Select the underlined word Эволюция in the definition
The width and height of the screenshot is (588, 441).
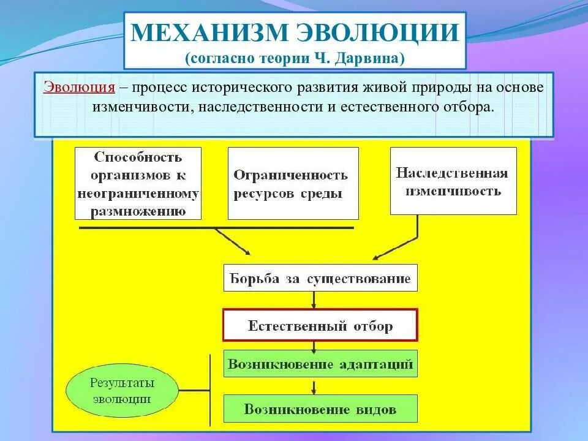tap(79, 87)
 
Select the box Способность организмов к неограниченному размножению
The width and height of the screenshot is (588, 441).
tap(138, 183)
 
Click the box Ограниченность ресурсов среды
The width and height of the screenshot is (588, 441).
tap(293, 183)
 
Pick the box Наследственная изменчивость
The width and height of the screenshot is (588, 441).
tap(453, 181)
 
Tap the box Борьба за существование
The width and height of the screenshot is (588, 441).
tap(320, 278)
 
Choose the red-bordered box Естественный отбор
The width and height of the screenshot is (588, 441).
tap(320, 325)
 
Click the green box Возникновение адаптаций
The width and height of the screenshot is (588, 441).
tap(320, 364)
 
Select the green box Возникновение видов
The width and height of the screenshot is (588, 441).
tap(320, 409)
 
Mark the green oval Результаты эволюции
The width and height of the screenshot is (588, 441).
tap(122, 390)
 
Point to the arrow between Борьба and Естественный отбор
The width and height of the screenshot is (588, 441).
tap(314, 300)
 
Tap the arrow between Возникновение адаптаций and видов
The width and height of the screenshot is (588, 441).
tap(314, 386)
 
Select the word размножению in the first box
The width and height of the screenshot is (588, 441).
tap(138, 212)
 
